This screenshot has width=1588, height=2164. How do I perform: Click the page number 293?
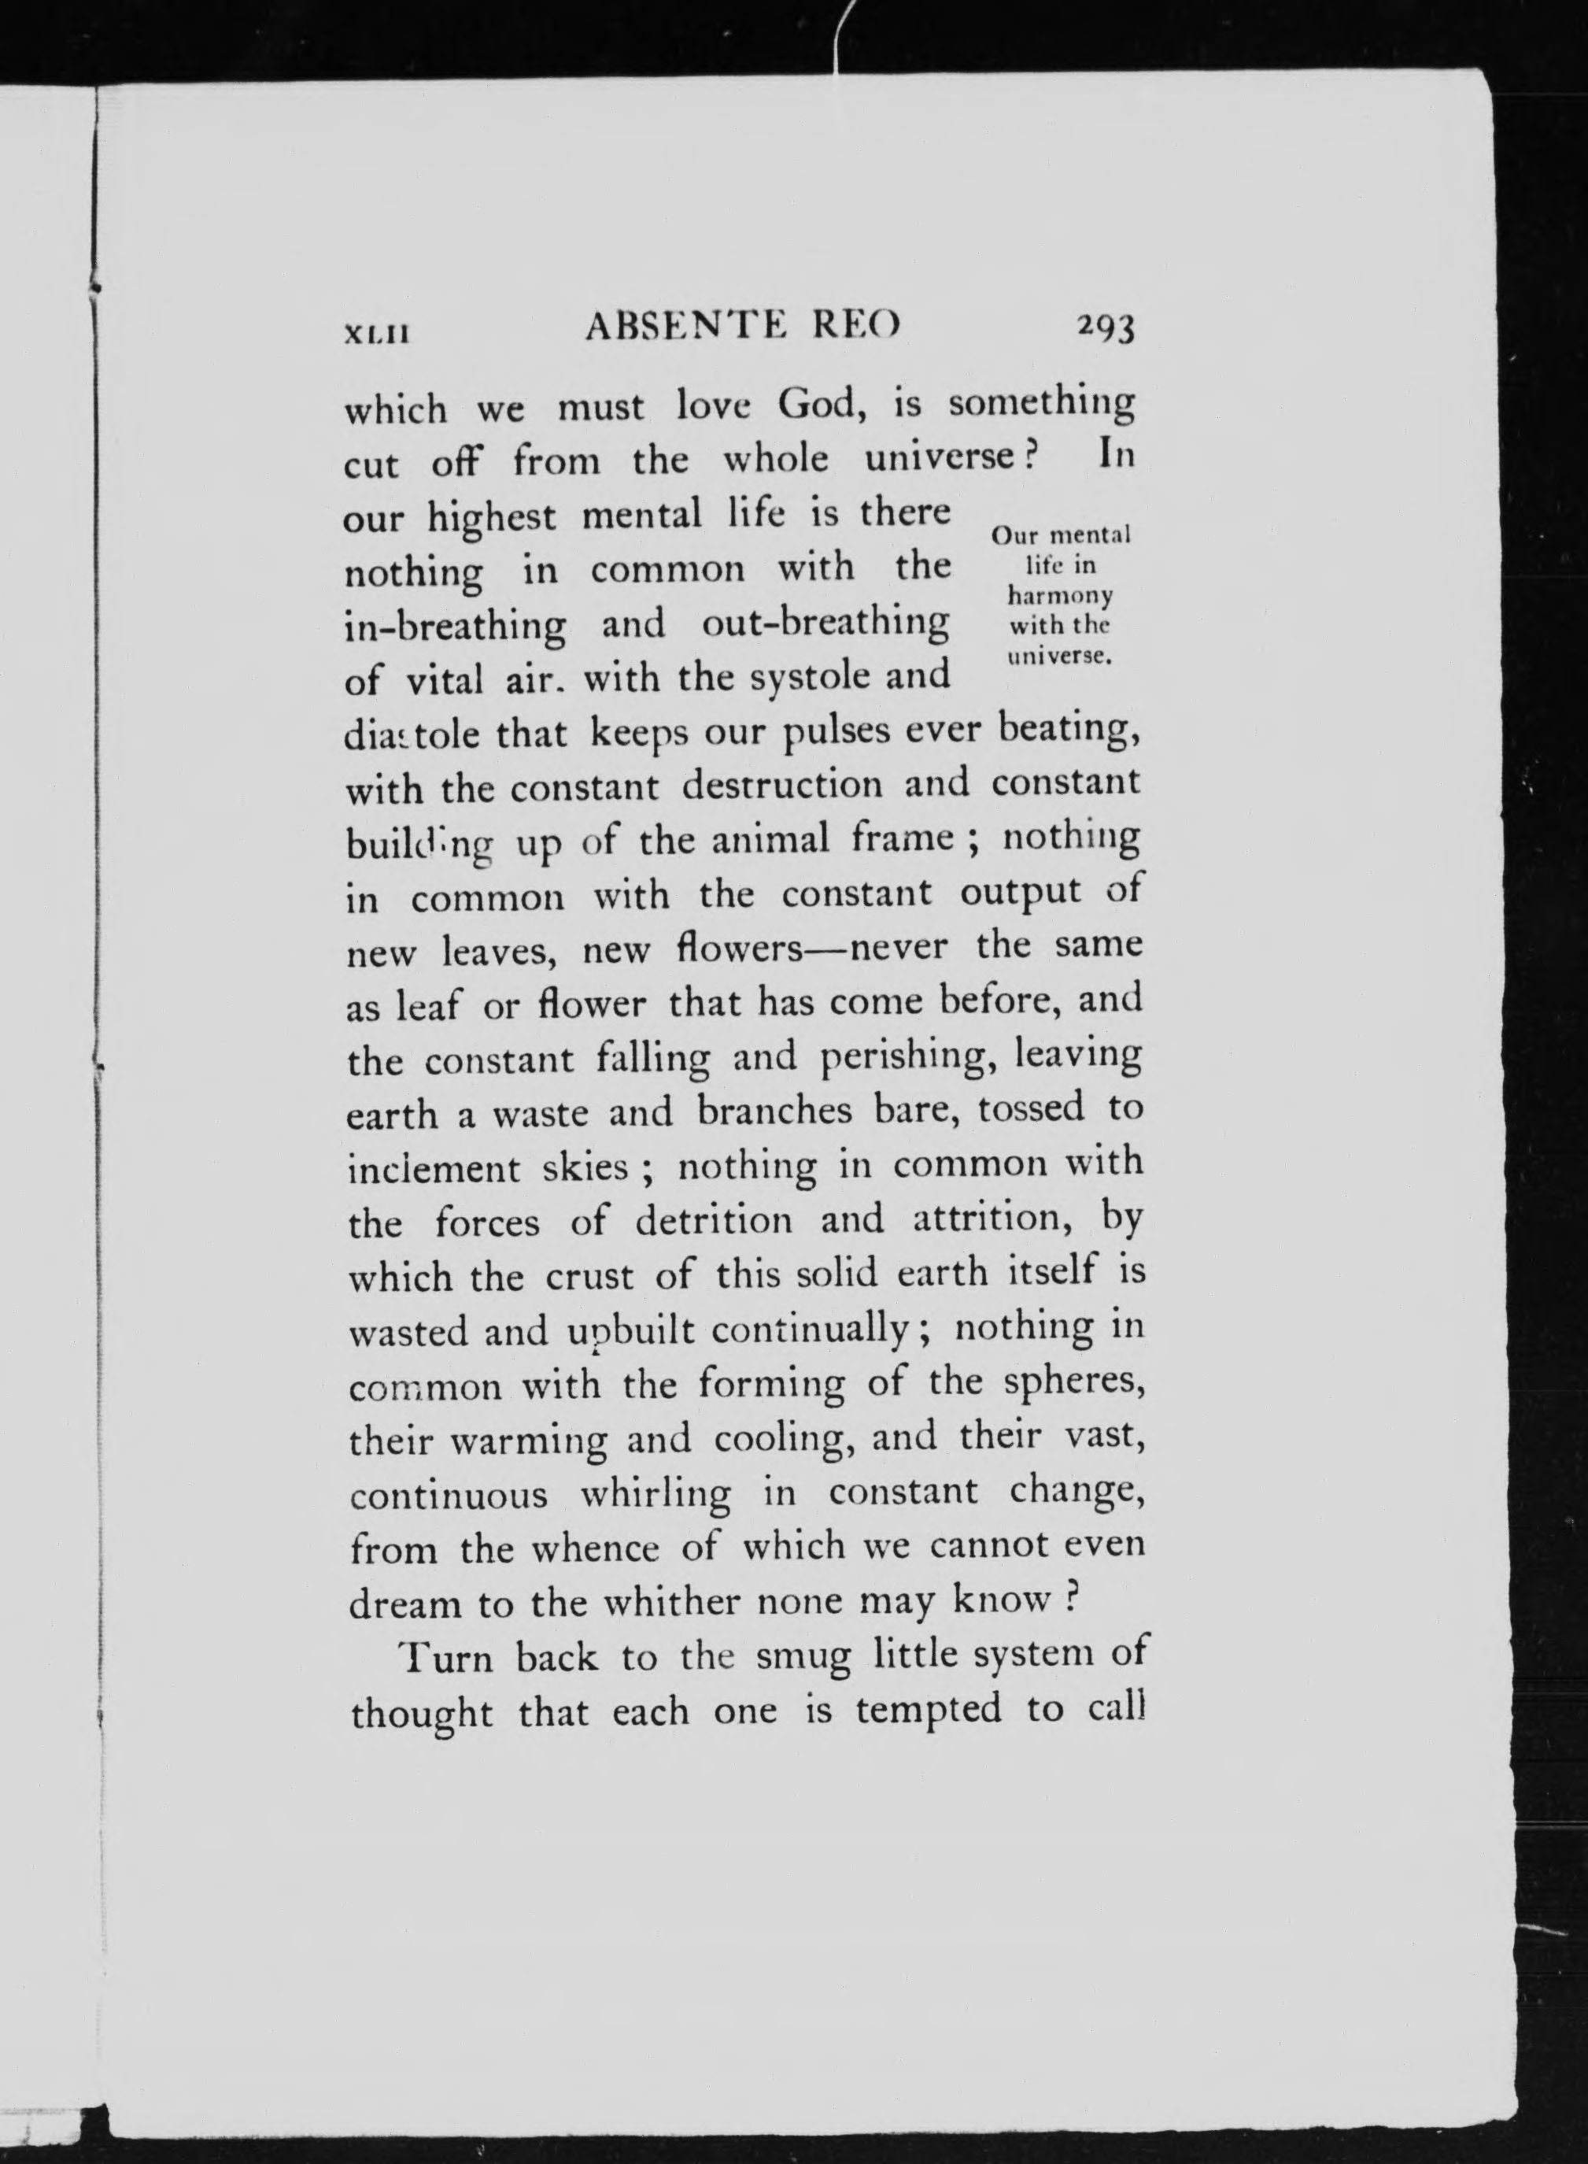(1106, 329)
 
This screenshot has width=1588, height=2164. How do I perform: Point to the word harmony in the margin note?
(1059, 595)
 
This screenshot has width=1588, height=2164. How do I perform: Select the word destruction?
(781, 785)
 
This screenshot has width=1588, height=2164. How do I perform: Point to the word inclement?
(433, 1169)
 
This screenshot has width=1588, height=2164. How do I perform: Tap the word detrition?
(715, 1221)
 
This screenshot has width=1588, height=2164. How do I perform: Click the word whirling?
(655, 1495)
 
